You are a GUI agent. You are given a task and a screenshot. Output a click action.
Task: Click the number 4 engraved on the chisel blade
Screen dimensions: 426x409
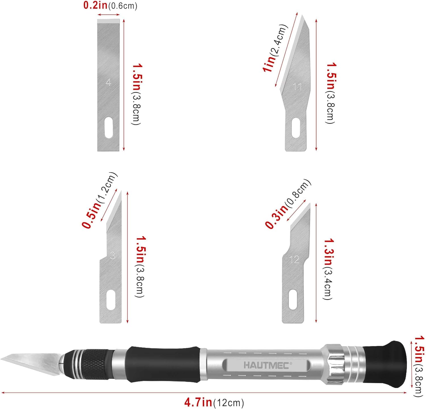tap(108, 82)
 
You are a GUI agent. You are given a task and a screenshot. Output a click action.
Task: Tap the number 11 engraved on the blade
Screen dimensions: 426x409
tap(297, 87)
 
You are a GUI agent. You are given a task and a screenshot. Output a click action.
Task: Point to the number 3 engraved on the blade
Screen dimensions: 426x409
tap(113, 256)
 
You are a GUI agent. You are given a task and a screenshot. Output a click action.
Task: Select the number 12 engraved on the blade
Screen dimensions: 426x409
tap(294, 260)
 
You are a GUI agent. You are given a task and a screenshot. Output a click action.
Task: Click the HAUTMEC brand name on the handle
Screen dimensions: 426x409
tap(266, 365)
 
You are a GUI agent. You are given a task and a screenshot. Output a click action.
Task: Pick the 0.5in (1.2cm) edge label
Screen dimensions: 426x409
tap(99, 200)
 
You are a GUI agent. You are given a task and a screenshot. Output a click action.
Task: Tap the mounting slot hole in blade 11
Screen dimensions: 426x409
tap(296, 128)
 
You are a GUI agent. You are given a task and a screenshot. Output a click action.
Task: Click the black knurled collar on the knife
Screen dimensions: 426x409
tap(97, 365)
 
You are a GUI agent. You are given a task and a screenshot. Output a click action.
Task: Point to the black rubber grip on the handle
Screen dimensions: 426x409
tap(163, 364)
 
